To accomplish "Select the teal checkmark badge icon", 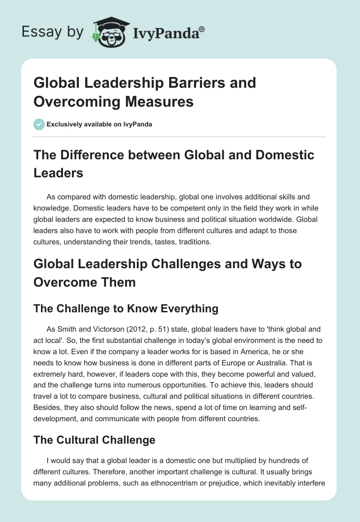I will (39, 124).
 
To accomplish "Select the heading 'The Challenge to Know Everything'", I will (126, 308).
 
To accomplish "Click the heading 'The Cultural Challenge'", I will (94, 440).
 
